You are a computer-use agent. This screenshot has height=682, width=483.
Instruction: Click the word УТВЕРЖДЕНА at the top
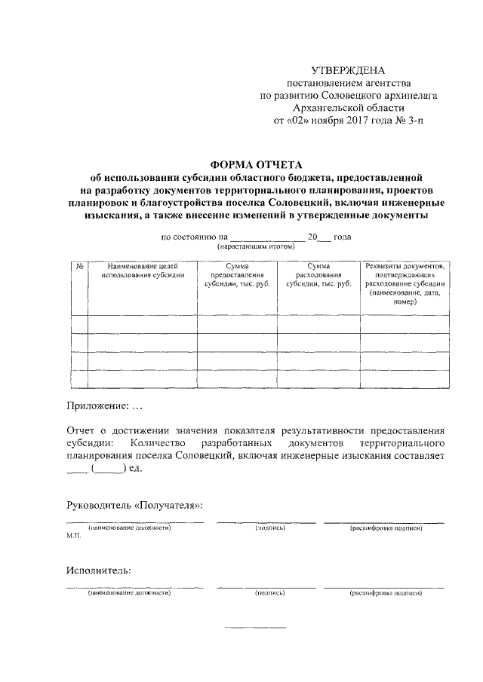tap(348, 70)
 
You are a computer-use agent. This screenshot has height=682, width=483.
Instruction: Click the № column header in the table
tap(78, 266)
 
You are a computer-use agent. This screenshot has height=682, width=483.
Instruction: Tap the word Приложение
tap(97, 407)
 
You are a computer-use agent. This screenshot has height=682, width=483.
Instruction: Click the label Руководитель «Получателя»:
tap(134, 503)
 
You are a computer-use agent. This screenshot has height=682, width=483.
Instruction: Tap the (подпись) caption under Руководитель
tap(269, 528)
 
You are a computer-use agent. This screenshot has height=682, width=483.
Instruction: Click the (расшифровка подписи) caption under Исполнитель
tap(385, 594)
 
